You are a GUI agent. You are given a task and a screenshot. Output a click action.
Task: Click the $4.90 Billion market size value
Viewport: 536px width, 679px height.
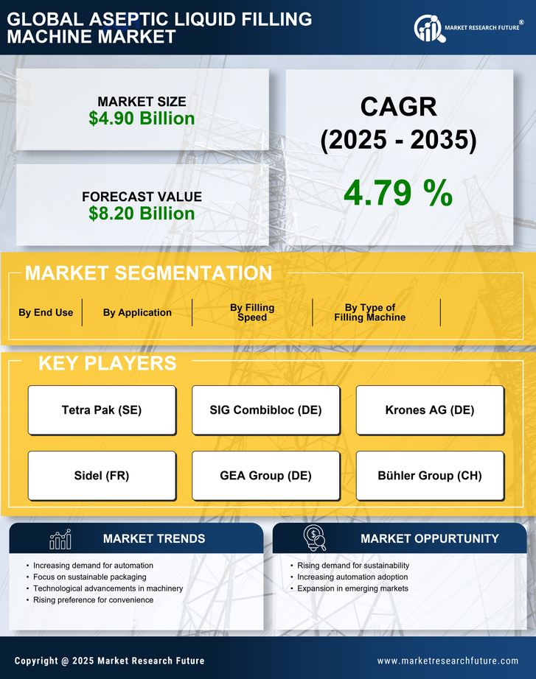142,119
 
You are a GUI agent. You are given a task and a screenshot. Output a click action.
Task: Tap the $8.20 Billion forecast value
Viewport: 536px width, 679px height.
142,214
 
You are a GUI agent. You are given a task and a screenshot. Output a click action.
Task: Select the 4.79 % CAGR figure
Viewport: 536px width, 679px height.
398,194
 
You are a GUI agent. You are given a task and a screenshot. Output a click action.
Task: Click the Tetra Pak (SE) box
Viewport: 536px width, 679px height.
102,410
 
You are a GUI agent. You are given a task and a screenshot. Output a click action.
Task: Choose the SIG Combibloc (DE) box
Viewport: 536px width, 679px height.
266,410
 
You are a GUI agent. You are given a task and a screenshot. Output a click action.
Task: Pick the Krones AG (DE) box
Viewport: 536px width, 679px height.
430,410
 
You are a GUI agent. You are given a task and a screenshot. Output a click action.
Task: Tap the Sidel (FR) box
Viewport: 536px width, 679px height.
102,476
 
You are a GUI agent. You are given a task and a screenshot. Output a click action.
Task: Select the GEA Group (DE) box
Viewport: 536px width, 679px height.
266,476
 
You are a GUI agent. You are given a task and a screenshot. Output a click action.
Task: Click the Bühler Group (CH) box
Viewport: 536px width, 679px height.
430,476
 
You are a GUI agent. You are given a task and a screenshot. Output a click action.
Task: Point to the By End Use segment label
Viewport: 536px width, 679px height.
46,312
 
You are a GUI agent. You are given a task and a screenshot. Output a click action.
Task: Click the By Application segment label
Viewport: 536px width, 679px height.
137,312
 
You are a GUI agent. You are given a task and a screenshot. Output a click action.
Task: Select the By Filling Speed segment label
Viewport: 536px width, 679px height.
252,312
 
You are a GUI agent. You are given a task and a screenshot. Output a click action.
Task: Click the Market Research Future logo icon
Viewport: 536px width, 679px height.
428,28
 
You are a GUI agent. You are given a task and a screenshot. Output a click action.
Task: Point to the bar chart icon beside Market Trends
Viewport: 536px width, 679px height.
60,539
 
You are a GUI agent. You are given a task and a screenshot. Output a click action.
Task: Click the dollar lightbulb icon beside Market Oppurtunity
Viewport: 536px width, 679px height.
314,538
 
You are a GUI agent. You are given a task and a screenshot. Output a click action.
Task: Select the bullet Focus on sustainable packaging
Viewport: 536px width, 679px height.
90,577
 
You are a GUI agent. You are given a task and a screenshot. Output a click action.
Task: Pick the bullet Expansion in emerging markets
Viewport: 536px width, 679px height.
352,588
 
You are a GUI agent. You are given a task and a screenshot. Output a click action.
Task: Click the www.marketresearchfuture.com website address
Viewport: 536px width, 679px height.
448,661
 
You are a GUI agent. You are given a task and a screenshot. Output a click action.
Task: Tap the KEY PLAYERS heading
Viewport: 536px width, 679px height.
107,363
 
